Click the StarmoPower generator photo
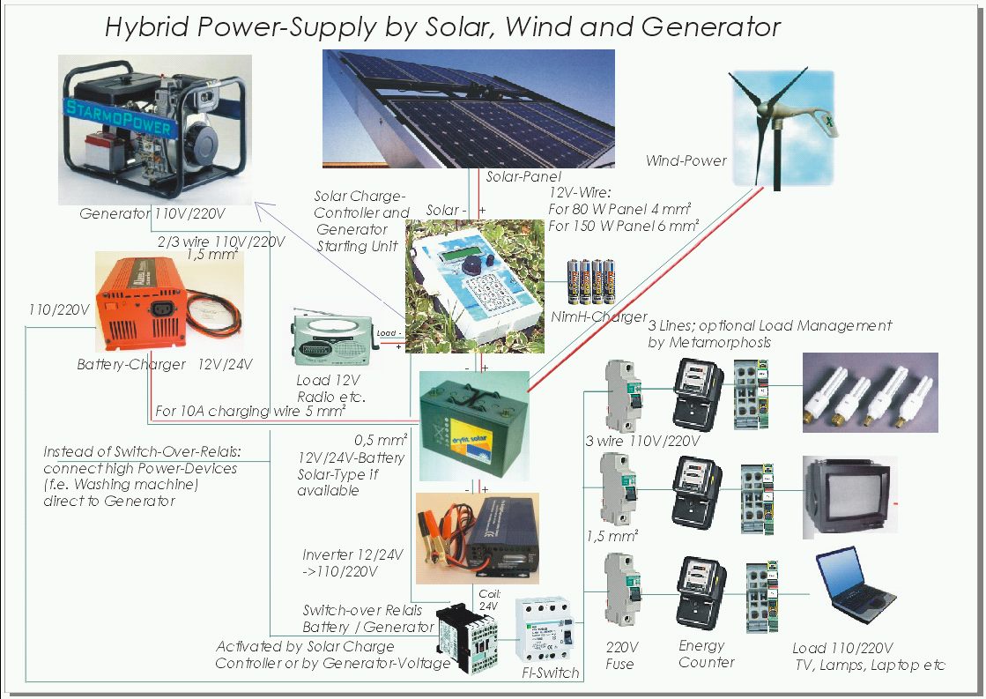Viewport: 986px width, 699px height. [x=154, y=129]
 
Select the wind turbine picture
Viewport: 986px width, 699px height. [x=780, y=123]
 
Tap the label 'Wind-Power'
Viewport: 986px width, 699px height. [x=686, y=160]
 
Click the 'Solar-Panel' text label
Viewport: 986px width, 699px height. [x=523, y=177]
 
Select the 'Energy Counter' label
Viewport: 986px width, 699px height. [x=706, y=654]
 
